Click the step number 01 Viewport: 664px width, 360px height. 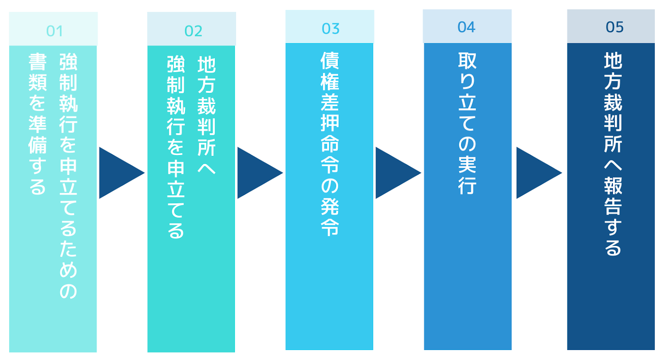coord(54,31)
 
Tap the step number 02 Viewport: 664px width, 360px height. coord(193,31)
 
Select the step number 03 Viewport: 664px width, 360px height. coord(330,29)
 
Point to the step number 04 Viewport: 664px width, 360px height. coord(466,27)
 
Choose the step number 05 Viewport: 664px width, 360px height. coord(615,27)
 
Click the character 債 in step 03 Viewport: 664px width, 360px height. coord(330,61)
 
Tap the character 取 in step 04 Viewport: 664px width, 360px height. coord(467,61)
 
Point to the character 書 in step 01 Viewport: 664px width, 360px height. coord(38,62)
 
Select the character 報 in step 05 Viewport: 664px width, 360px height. coord(613,185)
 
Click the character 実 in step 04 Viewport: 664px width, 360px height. coord(467,164)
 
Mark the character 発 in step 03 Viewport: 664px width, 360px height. coord(330,206)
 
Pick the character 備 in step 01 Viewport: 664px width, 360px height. coord(38,145)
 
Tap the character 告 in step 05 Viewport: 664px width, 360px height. coord(613,206)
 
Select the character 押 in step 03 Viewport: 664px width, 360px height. coord(330,123)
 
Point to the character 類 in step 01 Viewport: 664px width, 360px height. coord(38,83)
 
